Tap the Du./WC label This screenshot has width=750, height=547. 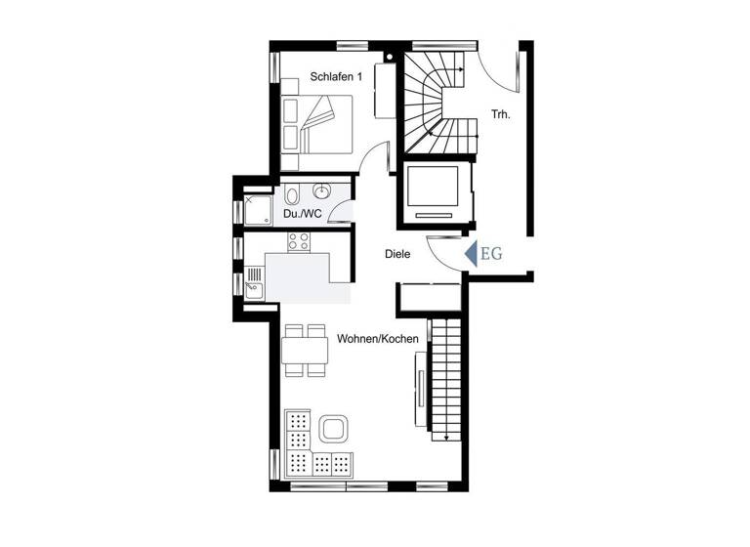(304, 213)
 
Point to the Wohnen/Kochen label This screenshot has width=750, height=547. (378, 339)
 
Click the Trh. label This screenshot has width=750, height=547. (501, 113)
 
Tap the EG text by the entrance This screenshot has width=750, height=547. (491, 255)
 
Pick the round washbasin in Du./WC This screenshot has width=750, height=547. (324, 189)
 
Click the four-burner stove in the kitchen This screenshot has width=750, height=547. (299, 240)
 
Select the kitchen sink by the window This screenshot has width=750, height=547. (255, 282)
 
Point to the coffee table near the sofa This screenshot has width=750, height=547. (335, 428)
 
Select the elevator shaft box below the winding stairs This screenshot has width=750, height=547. (436, 191)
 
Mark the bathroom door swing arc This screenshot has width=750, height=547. (342, 210)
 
